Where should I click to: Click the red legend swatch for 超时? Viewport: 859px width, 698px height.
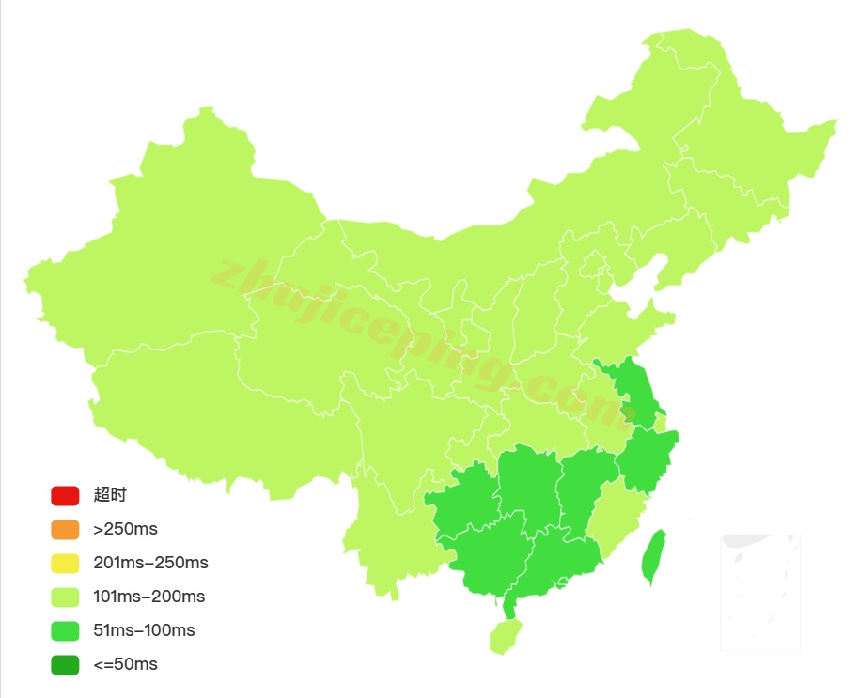click(65, 495)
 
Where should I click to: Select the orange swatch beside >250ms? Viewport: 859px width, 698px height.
click(65, 529)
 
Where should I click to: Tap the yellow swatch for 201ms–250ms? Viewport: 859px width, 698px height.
click(65, 563)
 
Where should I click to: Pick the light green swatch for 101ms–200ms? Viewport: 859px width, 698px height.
click(65, 597)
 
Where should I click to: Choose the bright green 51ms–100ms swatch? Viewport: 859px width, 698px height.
click(65, 630)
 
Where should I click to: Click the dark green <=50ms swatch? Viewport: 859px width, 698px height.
click(65, 664)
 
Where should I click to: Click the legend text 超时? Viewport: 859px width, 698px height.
click(110, 495)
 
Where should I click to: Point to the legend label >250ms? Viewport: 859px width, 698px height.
click(125, 529)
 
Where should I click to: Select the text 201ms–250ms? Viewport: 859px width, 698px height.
click(150, 563)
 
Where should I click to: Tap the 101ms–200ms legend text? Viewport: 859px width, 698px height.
click(148, 597)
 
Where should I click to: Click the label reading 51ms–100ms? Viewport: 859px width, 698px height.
click(144, 630)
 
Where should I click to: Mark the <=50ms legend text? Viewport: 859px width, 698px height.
click(125, 664)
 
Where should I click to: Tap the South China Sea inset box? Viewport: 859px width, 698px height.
click(760, 592)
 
